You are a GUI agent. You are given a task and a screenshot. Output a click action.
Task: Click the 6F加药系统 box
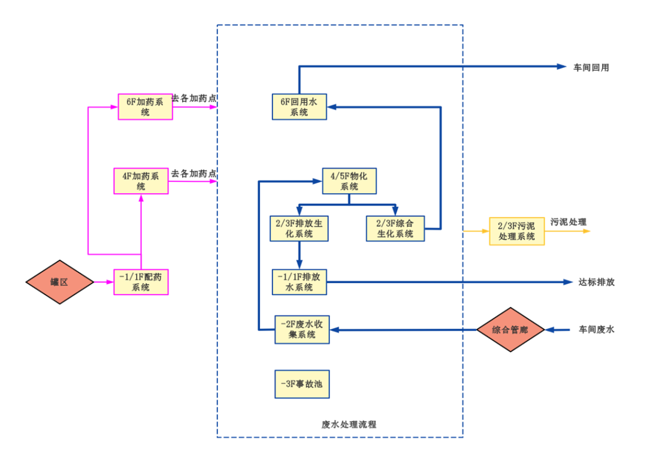(x=145, y=107)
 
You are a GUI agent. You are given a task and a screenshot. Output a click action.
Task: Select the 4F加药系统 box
(x=141, y=181)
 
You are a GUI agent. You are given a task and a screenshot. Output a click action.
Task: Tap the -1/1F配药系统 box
(x=141, y=282)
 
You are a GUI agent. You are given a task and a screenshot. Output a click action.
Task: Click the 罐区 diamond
(x=60, y=282)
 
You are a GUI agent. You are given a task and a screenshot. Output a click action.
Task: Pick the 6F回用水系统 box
(x=300, y=107)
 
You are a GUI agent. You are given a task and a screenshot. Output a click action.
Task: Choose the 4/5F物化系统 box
(x=349, y=181)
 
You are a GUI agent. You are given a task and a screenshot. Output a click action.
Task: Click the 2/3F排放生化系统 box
(x=300, y=228)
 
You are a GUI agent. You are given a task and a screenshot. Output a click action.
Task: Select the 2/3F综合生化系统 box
(x=395, y=228)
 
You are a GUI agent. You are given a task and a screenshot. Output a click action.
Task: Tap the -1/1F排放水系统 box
(x=300, y=282)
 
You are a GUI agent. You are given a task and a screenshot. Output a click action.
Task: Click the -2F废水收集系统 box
(x=303, y=329)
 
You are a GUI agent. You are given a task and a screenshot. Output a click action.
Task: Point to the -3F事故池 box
(x=303, y=384)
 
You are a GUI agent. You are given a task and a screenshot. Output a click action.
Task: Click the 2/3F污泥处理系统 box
(x=516, y=231)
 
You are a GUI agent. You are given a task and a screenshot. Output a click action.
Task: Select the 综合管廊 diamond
(x=510, y=329)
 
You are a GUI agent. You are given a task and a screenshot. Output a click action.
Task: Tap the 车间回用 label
(x=591, y=67)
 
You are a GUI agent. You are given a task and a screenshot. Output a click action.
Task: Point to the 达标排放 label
(x=596, y=282)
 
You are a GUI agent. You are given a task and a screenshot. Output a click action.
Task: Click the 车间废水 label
(x=596, y=329)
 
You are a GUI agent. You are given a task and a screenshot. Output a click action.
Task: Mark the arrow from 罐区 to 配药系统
(x=104, y=282)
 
